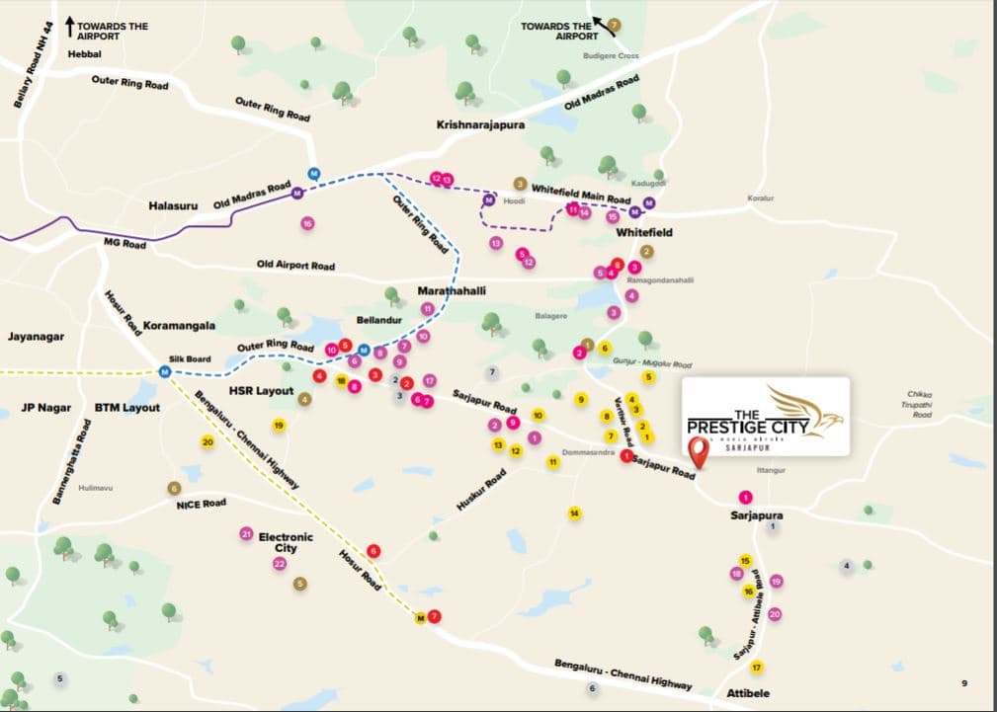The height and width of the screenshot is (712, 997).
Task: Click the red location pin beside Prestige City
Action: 700,453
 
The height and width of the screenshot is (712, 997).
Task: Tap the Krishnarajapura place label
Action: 481,125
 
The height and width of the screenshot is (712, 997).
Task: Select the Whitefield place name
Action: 643,232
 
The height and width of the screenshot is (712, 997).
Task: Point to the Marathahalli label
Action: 452,291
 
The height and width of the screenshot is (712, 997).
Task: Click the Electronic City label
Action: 286,542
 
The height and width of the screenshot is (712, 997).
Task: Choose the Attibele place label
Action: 748,693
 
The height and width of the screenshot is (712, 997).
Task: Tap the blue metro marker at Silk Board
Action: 165,372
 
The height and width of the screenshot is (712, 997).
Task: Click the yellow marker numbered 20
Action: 208,442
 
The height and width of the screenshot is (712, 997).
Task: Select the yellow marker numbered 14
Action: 573,513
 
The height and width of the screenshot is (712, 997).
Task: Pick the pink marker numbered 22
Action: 280,564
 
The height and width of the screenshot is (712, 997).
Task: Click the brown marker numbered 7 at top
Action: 614,24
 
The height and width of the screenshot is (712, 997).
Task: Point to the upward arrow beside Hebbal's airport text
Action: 70,25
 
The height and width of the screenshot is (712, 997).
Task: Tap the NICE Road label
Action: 201,504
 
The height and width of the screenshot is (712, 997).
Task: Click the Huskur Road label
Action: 481,490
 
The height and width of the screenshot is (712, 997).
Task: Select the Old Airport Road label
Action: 295,265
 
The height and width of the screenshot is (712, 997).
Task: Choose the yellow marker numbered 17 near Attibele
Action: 757,668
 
